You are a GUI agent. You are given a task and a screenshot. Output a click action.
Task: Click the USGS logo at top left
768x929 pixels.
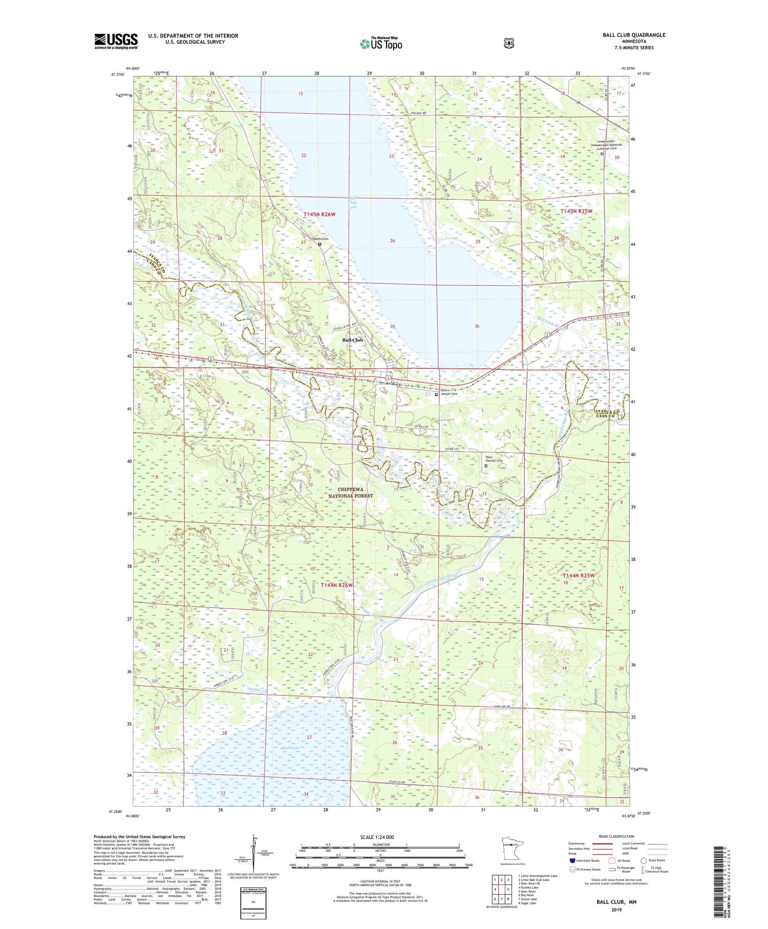[x=116, y=41]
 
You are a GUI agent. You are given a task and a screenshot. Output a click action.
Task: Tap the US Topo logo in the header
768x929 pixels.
[x=381, y=44]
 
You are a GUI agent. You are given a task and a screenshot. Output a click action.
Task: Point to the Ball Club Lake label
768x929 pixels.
[x=352, y=202]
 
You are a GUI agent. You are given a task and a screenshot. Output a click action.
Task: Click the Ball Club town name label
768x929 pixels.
[x=352, y=340]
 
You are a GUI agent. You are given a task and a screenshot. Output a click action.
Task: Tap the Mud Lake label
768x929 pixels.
[x=289, y=748]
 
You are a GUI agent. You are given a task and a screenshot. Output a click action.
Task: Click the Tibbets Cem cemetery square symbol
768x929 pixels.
[x=320, y=244]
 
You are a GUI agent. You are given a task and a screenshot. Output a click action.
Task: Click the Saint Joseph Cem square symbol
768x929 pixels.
[x=436, y=395]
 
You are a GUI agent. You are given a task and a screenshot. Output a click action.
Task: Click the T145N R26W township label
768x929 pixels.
[x=319, y=214]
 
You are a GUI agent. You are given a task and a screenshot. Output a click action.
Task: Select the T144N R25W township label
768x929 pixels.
[x=579, y=575]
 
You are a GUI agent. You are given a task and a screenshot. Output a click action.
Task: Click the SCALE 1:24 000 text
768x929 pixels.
[x=377, y=837]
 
